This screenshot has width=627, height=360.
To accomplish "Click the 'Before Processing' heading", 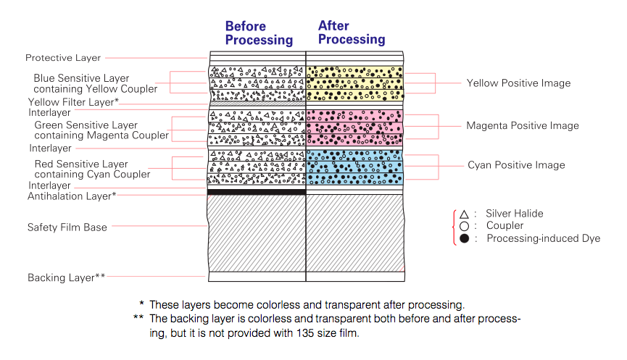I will (x=259, y=33).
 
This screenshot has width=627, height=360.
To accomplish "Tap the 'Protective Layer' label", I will (x=63, y=58).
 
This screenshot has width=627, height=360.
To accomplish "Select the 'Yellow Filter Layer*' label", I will (x=73, y=103).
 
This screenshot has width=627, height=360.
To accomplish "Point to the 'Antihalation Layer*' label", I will (x=72, y=196).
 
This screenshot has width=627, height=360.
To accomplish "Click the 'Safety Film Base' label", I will (x=67, y=227).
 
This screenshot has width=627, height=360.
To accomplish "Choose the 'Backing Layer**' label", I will (x=67, y=277).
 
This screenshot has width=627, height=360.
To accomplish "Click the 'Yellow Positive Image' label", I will (x=518, y=83).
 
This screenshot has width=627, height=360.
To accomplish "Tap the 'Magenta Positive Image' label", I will (x=523, y=126).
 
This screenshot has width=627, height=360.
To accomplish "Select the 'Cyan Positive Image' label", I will (x=515, y=165).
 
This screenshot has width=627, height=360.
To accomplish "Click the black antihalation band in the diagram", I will (x=256, y=192).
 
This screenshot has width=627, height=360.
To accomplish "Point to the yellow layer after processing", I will (x=354, y=83).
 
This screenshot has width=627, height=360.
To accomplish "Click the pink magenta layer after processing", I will (x=354, y=126).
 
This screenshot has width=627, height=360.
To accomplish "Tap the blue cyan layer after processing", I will (x=354, y=165).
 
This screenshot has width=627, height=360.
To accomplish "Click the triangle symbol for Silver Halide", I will (x=464, y=214).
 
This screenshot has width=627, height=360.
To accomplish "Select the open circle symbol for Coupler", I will (x=464, y=226).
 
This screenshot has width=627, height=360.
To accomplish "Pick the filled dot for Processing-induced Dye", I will (x=464, y=238).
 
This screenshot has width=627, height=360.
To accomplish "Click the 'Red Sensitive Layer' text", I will (x=81, y=164).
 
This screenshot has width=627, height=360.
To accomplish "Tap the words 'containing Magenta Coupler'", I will (x=101, y=135).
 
